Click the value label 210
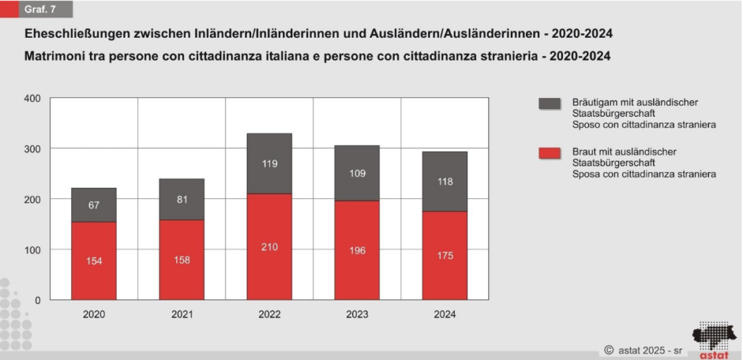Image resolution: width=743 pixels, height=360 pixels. [x=269, y=247]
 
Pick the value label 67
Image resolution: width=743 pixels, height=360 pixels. [x=94, y=205]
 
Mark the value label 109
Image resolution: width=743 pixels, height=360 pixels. [x=357, y=174]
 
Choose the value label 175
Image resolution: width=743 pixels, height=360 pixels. [x=445, y=255]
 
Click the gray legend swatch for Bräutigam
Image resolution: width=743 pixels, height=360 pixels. [x=549, y=104]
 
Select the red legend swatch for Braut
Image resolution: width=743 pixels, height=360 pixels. [x=549, y=153]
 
